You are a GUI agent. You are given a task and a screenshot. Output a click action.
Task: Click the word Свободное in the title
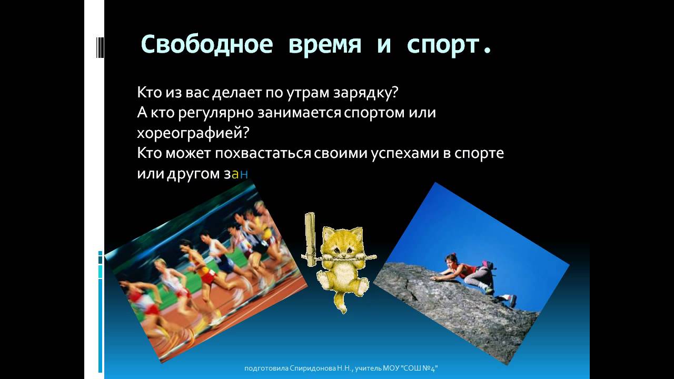click(206, 45)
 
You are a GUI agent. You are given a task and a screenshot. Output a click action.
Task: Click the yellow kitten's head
click(342, 245)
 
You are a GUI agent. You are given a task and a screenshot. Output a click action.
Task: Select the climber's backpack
click(489, 269)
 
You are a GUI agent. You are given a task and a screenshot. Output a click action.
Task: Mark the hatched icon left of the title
click(99, 46)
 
